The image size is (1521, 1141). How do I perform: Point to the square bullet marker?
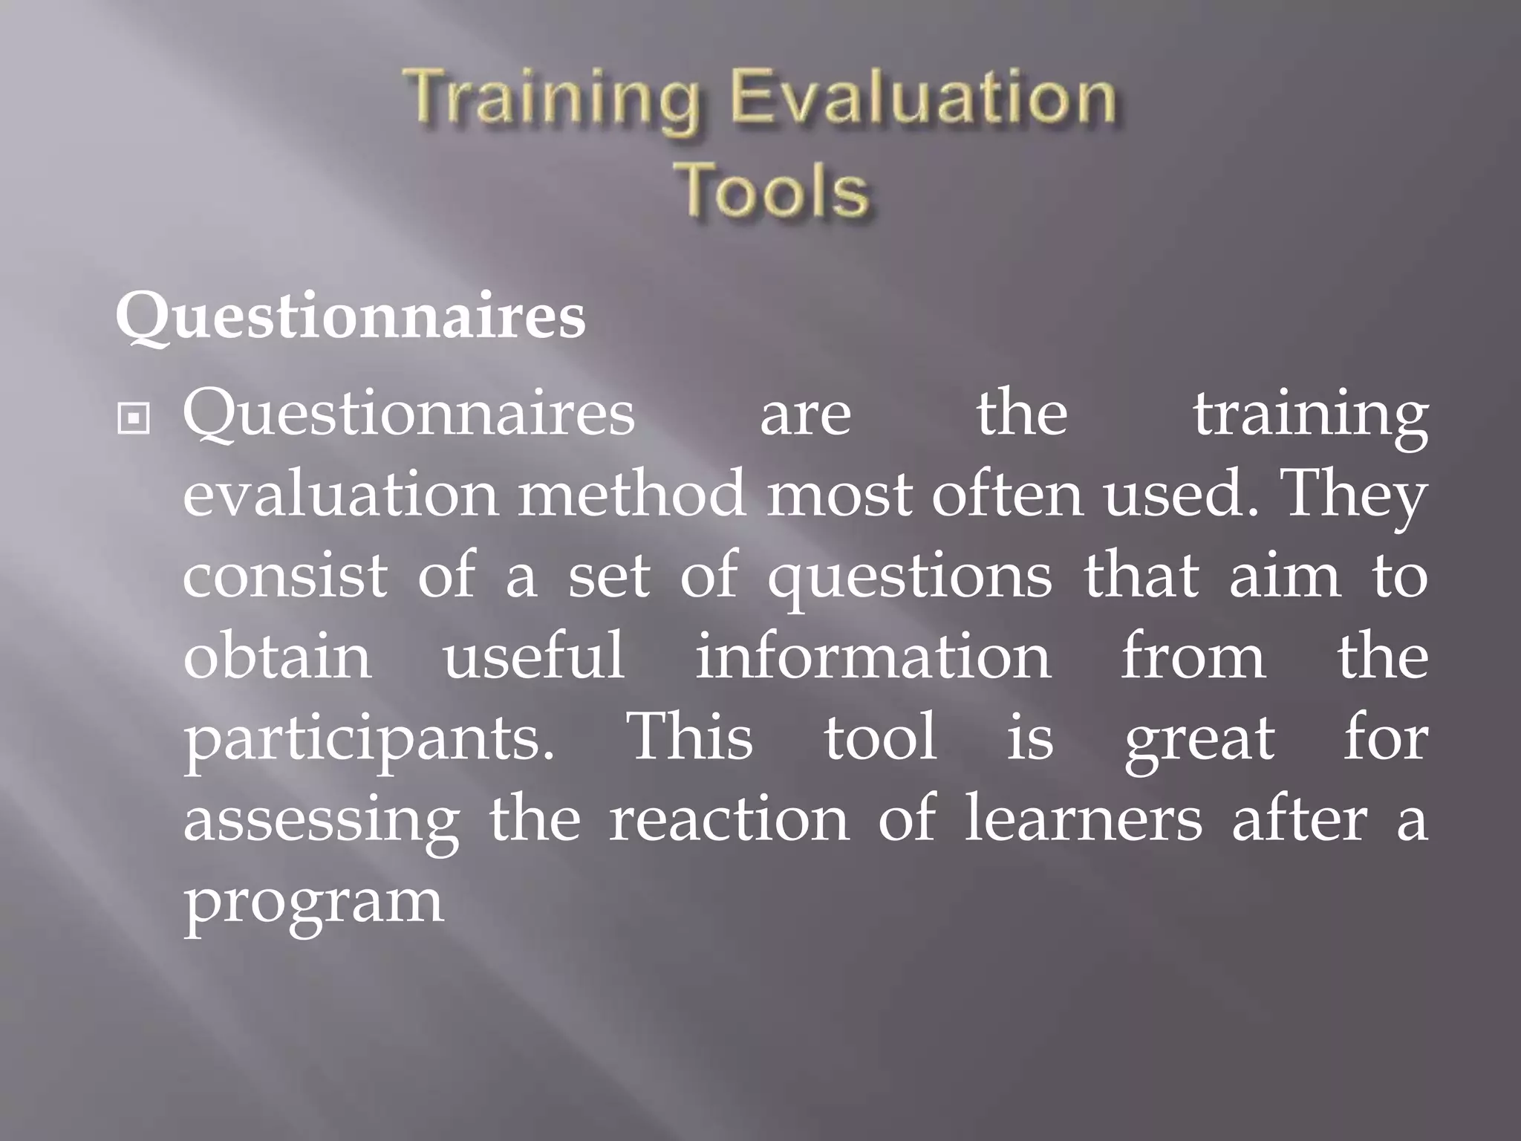(134, 420)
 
